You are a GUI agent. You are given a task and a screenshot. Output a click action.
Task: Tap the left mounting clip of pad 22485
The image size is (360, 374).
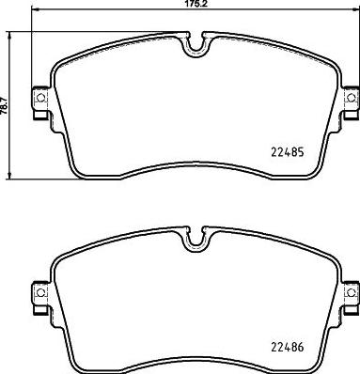40,98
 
